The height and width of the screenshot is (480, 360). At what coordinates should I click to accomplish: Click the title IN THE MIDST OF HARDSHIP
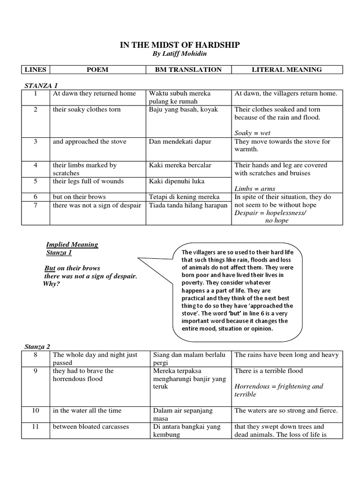tap(180, 45)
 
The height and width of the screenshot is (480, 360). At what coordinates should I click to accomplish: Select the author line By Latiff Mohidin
tap(180, 54)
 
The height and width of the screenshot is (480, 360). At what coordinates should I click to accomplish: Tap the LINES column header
tap(36, 70)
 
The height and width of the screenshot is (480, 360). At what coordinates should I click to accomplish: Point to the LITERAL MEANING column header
tap(287, 70)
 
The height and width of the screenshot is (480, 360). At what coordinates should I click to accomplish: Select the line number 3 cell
tap(36, 142)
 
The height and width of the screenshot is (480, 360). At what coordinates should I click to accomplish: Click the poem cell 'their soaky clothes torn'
tap(87, 109)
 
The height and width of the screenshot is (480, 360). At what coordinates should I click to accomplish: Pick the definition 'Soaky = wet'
tap(253, 133)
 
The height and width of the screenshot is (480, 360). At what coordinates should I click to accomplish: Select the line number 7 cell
tap(36, 205)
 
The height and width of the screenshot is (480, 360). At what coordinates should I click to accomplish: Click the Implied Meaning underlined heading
tap(72, 245)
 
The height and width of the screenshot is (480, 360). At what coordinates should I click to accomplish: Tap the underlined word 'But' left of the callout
tap(49, 268)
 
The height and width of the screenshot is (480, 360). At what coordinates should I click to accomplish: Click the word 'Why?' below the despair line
tap(52, 284)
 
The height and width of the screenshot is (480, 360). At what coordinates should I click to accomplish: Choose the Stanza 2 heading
tap(37, 346)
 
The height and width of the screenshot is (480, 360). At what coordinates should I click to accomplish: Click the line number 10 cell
tap(36, 411)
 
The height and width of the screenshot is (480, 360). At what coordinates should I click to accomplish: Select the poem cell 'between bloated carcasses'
tap(90, 427)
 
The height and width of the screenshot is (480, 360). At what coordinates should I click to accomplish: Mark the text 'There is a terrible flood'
tap(269, 371)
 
